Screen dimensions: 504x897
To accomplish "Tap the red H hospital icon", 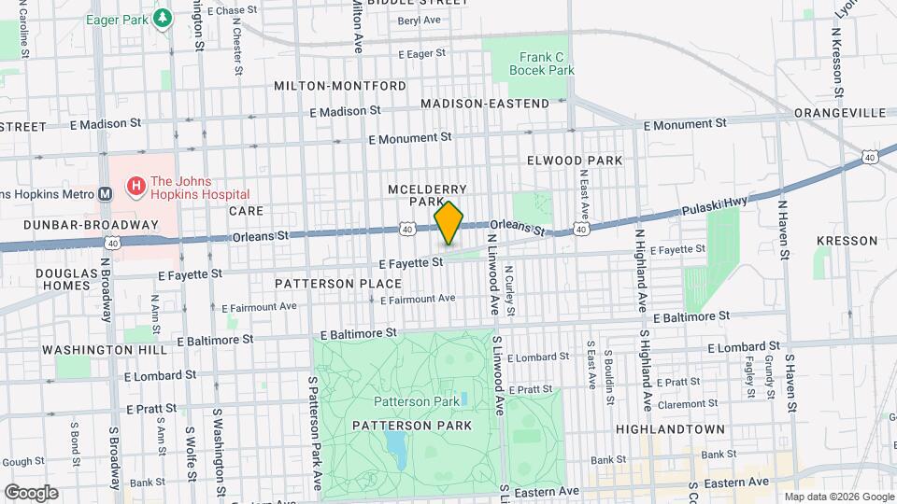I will pos(137,188).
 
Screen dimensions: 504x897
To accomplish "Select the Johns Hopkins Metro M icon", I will pos(105,194).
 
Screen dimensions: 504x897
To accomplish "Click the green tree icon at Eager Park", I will pos(163,18).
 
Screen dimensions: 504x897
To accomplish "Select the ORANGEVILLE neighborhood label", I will pos(839,112).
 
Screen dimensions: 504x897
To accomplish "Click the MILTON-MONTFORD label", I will pos(340,86).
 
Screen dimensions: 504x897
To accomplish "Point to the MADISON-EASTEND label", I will pos(485,103).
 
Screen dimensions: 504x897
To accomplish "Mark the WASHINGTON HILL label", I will pos(104,350).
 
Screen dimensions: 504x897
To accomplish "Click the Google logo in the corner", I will pos(31,492).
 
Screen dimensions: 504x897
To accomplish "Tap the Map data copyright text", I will pos(837,497).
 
